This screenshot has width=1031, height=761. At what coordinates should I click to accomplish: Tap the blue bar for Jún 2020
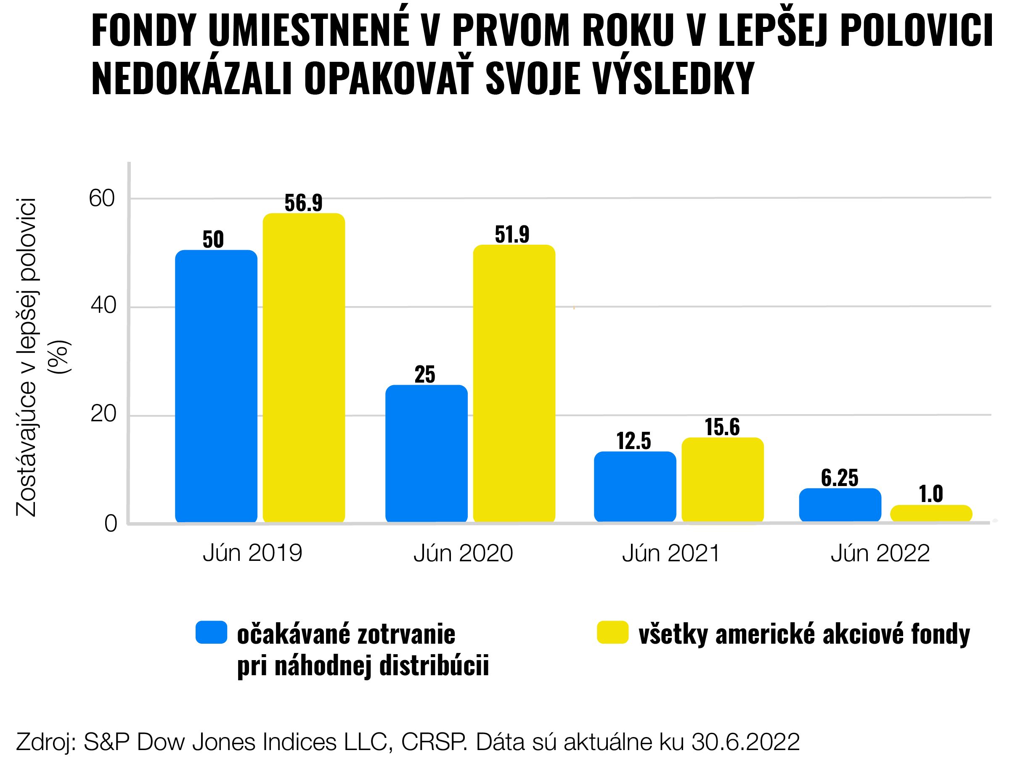coord(426,453)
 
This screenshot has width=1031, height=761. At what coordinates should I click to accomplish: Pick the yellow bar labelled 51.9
coord(514,383)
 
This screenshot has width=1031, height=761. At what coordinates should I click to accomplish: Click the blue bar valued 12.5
coord(635,486)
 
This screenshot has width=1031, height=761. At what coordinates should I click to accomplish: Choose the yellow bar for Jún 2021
coord(722,480)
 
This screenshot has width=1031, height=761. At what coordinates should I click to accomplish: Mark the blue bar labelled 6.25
coord(840,505)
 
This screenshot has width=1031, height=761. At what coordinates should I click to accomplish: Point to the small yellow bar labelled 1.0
coord(930,513)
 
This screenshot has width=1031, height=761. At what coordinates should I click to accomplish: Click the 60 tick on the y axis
coord(102,199)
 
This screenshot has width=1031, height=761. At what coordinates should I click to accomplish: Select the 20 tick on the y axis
coord(103,414)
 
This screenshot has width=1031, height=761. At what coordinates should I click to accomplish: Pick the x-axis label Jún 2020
coord(463,553)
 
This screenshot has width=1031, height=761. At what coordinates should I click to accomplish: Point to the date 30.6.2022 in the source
coord(745,742)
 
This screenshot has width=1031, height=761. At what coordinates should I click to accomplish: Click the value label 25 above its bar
coord(424,375)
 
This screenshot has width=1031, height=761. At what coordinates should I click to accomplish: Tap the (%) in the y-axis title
coord(59,357)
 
